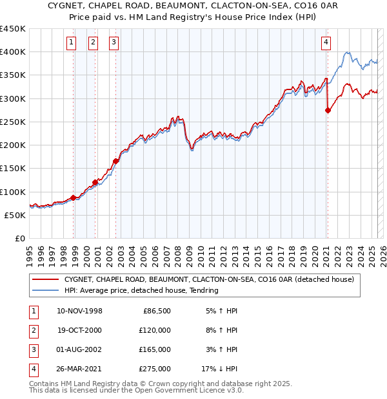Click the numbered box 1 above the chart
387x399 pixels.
click(72, 43)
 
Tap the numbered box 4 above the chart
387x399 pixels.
click(326, 43)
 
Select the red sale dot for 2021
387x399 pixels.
click(328, 110)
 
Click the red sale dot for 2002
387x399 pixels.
click(115, 162)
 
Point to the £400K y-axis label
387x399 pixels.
click(13, 52)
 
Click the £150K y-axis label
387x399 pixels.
click(13, 169)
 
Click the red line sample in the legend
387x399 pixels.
click(45, 280)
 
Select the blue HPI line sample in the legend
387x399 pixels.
click(45, 291)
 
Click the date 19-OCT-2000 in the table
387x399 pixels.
click(80, 329)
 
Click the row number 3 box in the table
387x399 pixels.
click(32, 349)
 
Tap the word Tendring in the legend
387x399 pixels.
click(203, 291)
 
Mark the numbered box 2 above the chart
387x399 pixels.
click(93, 43)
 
